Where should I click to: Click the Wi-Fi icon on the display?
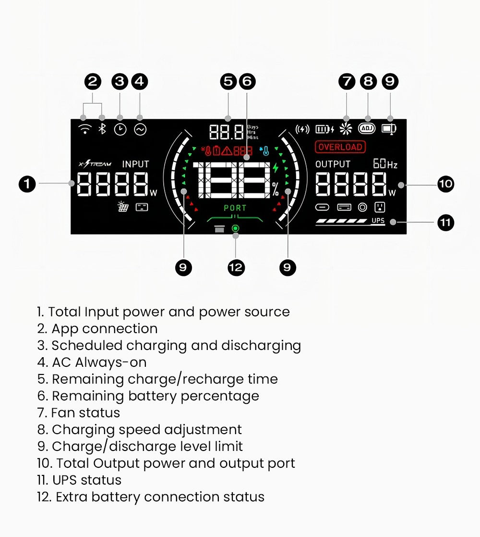coord(85,129)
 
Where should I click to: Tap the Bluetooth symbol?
coord(102,129)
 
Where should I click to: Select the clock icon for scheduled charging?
coord(120,129)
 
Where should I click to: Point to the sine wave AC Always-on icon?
coord(140,129)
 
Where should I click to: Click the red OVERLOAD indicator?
coord(340,147)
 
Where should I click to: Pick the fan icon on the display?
coord(346,129)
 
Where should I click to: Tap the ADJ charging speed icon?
coord(367,129)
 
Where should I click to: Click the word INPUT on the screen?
coord(135,164)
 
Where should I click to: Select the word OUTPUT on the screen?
coord(333,164)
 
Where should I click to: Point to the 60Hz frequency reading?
coord(385,164)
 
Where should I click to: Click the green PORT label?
coord(235,208)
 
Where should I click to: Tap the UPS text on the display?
coord(378,221)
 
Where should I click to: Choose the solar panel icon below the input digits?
coord(123,207)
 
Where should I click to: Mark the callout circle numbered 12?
coord(236,267)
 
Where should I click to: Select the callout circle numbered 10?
coord(446,184)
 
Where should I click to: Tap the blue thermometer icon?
coord(265,151)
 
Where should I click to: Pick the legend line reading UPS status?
coord(79,480)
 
